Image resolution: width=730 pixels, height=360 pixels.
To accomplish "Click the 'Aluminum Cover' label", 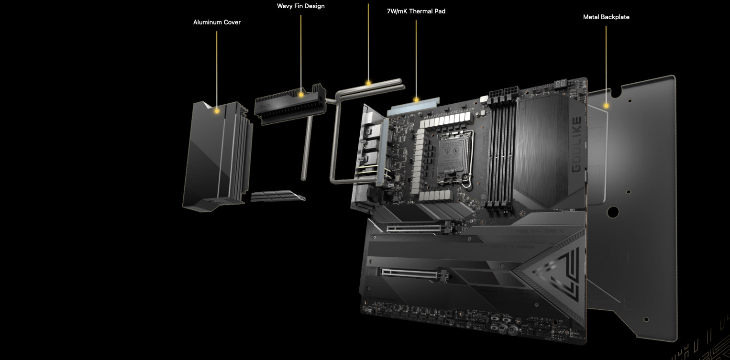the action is pos(217,22).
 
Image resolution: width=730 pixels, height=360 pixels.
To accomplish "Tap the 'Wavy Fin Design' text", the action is pos(300,6).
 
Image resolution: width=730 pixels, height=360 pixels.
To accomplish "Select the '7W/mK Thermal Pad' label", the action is pos(416,11).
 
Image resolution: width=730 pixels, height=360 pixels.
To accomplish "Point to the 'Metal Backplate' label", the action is pos(606,17).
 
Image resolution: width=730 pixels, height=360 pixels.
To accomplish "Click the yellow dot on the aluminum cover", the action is pos(217,111).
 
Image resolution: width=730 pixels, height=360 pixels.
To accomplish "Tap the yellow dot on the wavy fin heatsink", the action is pos(301,95).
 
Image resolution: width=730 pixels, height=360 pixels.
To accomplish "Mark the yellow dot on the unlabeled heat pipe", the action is pos(368,83).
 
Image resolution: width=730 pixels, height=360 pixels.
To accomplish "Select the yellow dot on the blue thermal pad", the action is pos(416,100).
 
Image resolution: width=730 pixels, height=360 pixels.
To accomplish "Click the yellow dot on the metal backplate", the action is pos(606,106).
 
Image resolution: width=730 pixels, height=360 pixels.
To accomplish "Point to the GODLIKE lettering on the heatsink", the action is pos(576,144).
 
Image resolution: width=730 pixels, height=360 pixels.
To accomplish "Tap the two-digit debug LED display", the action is pos(560,84).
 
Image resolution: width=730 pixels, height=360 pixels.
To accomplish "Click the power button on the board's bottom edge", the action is pos(512,331).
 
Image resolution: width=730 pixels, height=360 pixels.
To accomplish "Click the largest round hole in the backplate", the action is pos(613,212).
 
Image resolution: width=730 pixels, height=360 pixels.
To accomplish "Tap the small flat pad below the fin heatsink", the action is pos(277,196).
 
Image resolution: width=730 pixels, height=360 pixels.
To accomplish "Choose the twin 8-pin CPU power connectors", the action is pos(504,92).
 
